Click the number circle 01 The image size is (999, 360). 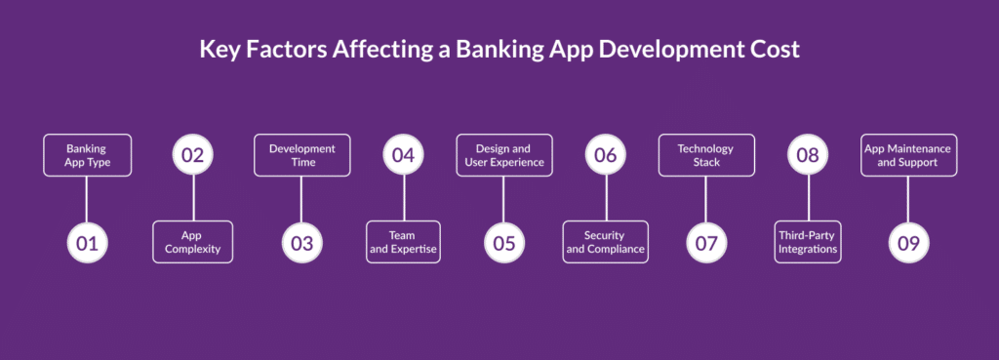pos(87,243)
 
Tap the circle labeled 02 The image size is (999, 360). pos(193,155)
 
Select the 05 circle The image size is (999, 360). pos(504,243)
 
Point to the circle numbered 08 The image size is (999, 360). pos(808,155)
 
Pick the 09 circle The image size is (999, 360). pos(908,243)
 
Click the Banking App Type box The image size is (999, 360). pos(87,155)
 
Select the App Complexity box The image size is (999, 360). pos(193,242)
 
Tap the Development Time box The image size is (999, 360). pos(302,155)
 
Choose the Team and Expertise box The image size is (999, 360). pos(403,242)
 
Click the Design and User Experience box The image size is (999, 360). pos(504,155)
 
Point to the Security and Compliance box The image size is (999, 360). pos(605,242)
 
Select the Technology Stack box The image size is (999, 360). pos(706,155)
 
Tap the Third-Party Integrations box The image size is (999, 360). pos(808,242)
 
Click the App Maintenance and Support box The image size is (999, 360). pos(908,155)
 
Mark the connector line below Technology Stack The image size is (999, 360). pos(706,199)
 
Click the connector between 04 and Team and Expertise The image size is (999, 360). pos(404,198)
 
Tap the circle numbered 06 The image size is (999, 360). pos(606,155)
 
